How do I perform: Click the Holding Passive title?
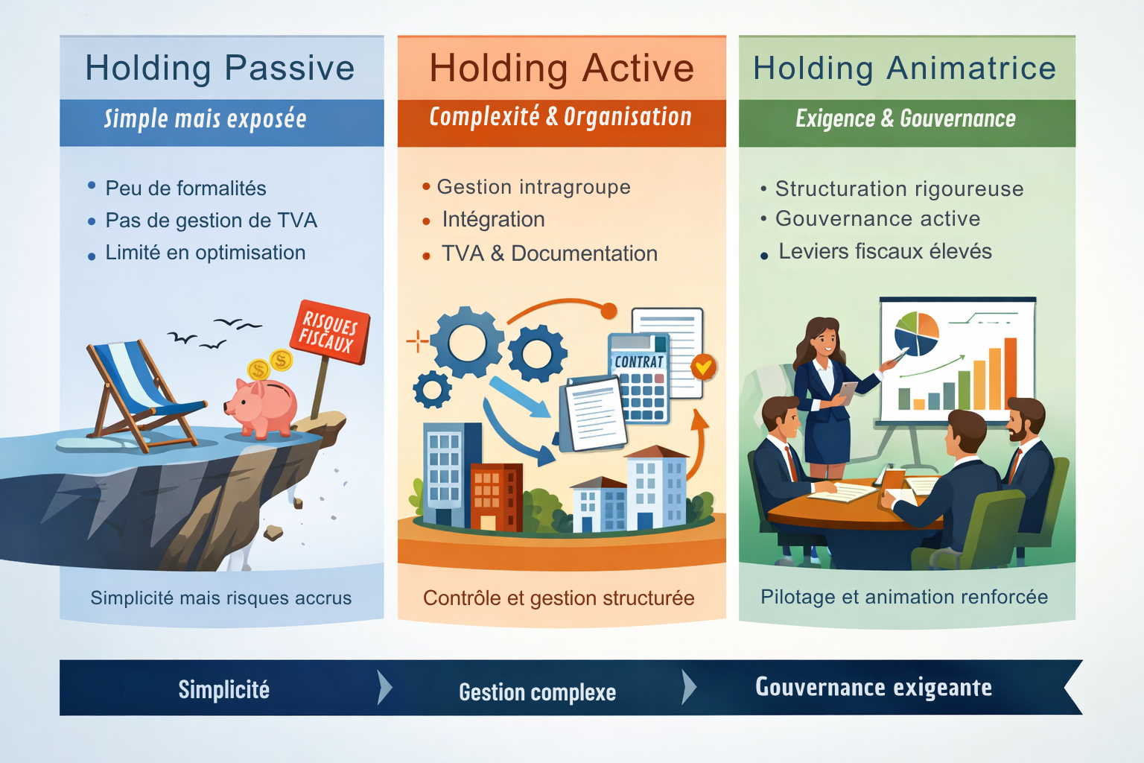(220, 69)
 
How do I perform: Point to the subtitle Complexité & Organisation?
(560, 117)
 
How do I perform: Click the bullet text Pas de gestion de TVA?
(211, 221)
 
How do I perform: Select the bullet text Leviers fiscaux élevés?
(885, 252)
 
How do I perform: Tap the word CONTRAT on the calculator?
(638, 361)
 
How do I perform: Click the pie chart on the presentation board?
(917, 334)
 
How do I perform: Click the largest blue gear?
(467, 343)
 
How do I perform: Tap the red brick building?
(495, 496)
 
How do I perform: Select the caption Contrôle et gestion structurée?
(559, 598)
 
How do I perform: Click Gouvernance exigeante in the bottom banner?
(873, 687)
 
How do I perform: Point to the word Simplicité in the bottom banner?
(223, 690)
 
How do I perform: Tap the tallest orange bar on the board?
(1010, 373)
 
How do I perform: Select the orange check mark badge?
(703, 367)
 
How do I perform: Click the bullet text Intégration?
(493, 220)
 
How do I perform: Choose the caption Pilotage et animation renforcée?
(904, 597)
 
